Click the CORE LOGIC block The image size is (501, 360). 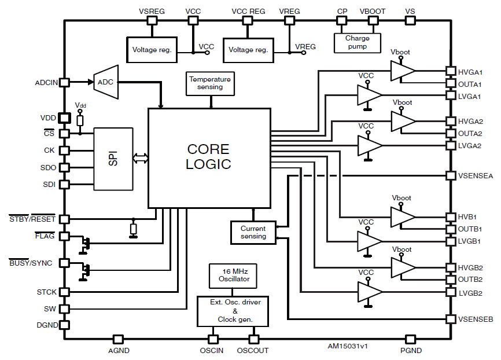pyautogui.click(x=209, y=157)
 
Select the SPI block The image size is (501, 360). pyautogui.click(x=113, y=158)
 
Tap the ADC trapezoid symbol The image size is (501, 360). pyautogui.click(x=106, y=82)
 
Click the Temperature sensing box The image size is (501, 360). pyautogui.click(x=210, y=83)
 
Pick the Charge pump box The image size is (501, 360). pyautogui.click(x=358, y=42)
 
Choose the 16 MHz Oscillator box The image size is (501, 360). pyautogui.click(x=234, y=275)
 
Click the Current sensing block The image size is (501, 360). pyautogui.click(x=253, y=232)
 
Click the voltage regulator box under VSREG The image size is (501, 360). pyautogui.click(x=152, y=50)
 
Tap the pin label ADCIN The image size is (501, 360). pyautogui.click(x=46, y=83)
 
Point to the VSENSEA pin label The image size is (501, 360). pyautogui.click(x=476, y=175)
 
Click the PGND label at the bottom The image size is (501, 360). pyautogui.click(x=411, y=350)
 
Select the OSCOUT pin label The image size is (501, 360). pyautogui.click(x=253, y=350)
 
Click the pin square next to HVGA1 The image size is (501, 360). pyautogui.click(x=450, y=71)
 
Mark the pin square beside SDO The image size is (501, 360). pyautogui.click(x=65, y=167)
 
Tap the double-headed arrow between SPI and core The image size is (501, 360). pyautogui.click(x=140, y=158)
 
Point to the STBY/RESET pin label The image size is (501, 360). pyautogui.click(x=32, y=219)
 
